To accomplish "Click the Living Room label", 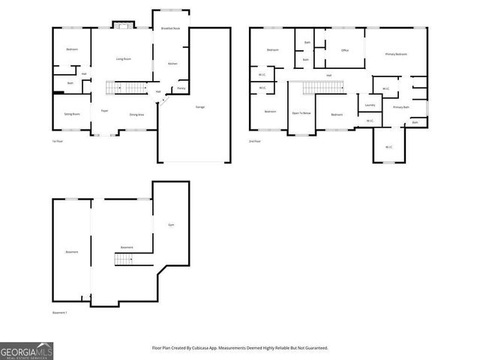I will click(124, 58).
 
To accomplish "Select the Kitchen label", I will click(172, 64).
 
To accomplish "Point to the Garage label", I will click(200, 107).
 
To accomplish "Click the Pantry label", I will click(181, 88).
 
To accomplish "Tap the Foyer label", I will click(105, 110).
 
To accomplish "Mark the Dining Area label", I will click(137, 115).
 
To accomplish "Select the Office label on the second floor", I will click(345, 51).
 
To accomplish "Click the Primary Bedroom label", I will click(396, 55).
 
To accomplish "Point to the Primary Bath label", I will click(401, 107).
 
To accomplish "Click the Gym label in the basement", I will click(171, 225).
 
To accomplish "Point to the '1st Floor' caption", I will click(57, 140).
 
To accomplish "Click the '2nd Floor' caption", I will click(255, 140).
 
